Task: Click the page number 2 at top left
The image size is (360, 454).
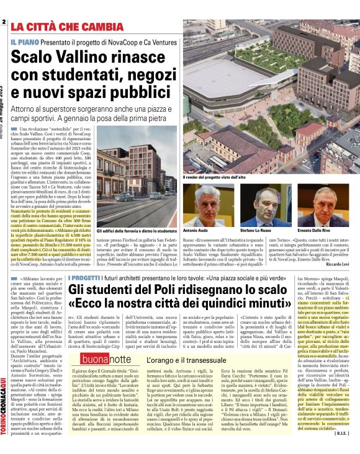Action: point(4,22)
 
